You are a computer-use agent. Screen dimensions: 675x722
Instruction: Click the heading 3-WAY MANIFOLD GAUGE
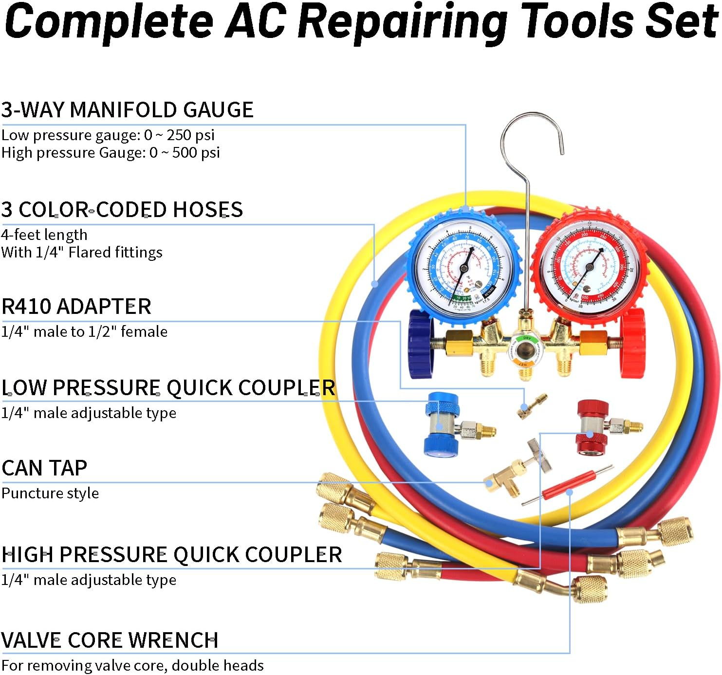point(127,110)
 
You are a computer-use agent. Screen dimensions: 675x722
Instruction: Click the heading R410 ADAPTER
point(76,307)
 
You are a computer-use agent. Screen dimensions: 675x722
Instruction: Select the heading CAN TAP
point(44,468)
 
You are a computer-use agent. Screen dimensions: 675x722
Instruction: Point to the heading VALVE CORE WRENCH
point(110,640)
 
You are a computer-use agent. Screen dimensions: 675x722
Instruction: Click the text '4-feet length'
point(44,235)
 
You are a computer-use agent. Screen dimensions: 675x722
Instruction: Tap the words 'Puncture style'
point(50,493)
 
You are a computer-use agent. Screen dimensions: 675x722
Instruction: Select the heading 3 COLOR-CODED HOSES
point(122,210)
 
